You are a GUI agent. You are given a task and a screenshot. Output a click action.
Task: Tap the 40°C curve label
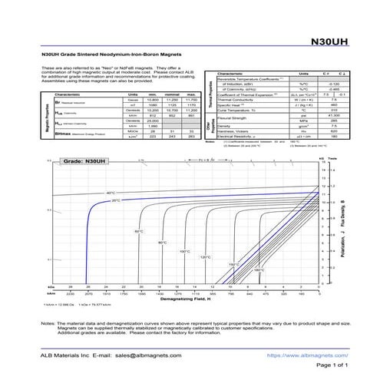pyautogui.click(x=111, y=193)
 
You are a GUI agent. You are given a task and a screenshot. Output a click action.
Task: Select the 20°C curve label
pyautogui.click(x=116, y=200)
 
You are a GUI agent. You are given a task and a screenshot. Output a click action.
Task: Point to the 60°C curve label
pyautogui.click(x=139, y=231)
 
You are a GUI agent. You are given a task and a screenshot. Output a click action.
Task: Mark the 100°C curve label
pyautogui.click(x=185, y=251)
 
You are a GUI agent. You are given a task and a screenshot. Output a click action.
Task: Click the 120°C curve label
pyautogui.click(x=205, y=257)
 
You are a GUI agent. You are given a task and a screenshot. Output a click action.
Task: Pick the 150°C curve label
pyautogui.click(x=233, y=264)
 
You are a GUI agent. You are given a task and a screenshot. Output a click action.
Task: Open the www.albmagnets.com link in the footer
pyautogui.click(x=301, y=355)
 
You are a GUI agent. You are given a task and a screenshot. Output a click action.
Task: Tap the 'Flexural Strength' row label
pyautogui.click(x=233, y=118)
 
